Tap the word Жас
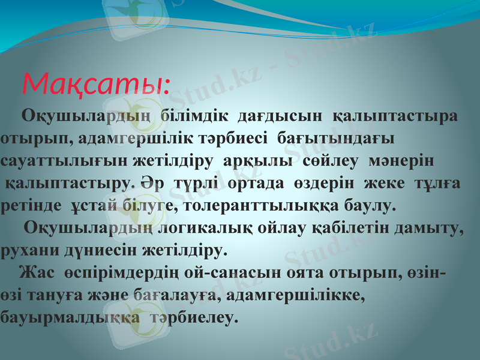tap(34, 273)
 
